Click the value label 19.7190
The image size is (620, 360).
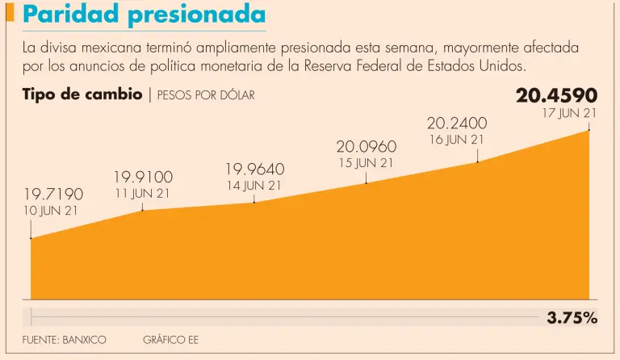(52, 194)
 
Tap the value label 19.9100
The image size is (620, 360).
(143, 177)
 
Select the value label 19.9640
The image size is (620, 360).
(254, 169)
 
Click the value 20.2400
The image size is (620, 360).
(456, 123)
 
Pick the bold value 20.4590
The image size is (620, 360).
(556, 96)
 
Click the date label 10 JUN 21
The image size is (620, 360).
(50, 211)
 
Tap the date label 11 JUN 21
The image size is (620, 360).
(143, 193)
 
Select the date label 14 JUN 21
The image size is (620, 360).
(254, 185)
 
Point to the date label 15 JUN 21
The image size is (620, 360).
(366, 162)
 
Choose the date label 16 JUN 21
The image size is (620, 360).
(456, 140)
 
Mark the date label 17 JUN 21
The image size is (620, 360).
(569, 113)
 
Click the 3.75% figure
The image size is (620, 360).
(572, 318)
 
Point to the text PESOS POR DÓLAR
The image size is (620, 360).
(206, 95)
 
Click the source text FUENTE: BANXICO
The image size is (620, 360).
(64, 340)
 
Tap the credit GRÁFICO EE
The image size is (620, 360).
(170, 340)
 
